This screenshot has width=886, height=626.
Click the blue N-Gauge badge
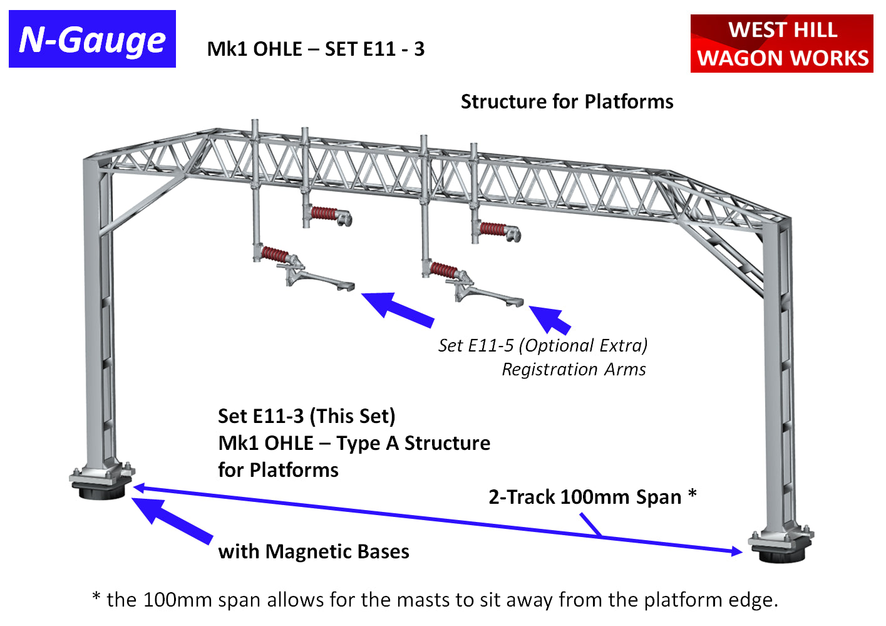[x=92, y=39]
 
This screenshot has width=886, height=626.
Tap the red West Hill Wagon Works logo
[x=781, y=44]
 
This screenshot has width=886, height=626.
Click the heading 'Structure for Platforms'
[x=567, y=102]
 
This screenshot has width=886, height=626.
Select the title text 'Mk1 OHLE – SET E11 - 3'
[x=316, y=49]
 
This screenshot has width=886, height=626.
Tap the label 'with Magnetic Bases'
[x=313, y=551]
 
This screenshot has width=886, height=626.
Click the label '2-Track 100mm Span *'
[x=592, y=497]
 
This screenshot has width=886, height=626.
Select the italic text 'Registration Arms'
[x=574, y=370]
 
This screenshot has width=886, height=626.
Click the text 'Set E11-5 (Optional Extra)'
[x=543, y=345]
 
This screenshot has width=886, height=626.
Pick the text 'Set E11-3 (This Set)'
[x=306, y=416]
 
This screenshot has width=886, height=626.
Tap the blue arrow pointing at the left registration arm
[x=397, y=310]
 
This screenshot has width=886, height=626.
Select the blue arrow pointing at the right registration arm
[x=550, y=319]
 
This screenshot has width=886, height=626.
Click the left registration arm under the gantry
[x=319, y=279]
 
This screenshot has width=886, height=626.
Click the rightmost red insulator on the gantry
[x=493, y=229]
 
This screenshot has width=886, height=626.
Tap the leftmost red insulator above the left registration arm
[x=276, y=254]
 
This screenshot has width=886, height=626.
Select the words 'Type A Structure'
[x=413, y=443]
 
